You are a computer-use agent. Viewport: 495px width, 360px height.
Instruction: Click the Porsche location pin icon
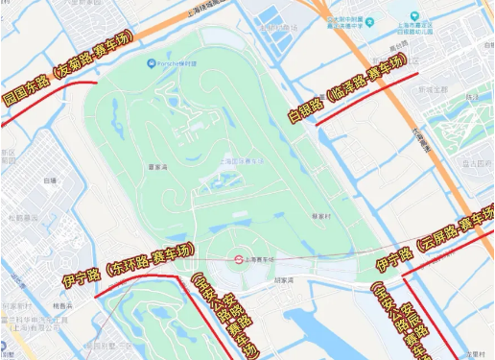click(151, 64)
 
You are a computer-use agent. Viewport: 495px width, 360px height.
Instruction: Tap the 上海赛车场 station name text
click(261, 258)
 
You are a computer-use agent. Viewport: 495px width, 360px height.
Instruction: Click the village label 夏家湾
click(158, 166)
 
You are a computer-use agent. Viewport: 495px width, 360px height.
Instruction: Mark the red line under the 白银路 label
click(365, 96)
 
